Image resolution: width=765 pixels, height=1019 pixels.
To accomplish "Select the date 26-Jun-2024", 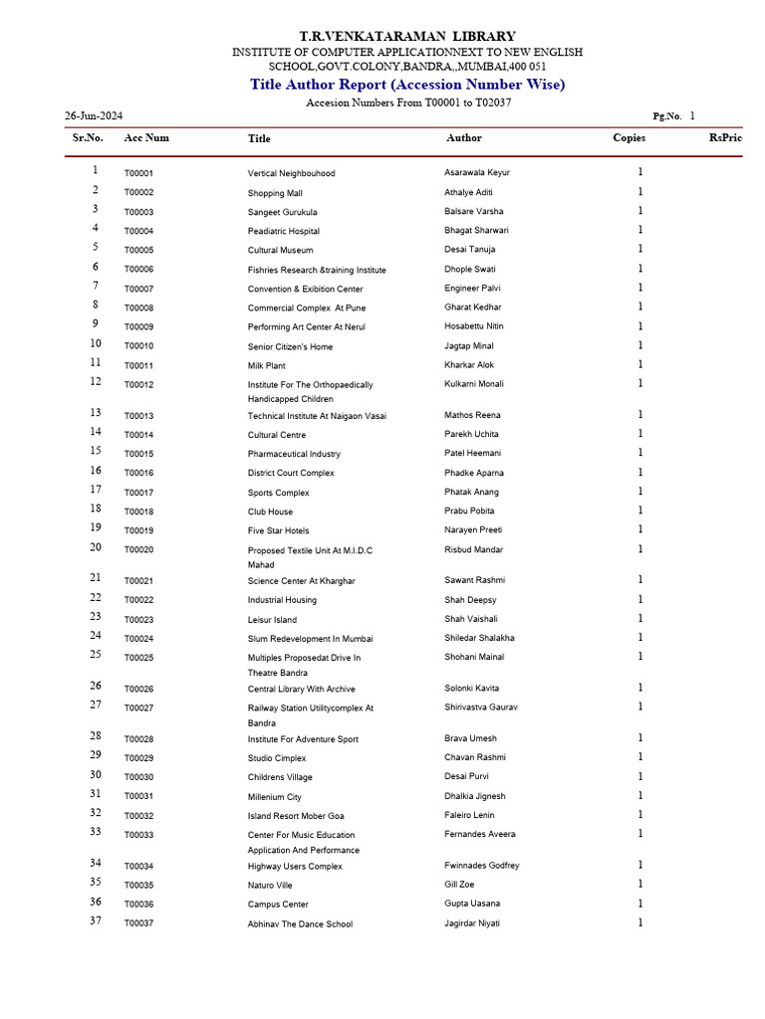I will (x=94, y=115).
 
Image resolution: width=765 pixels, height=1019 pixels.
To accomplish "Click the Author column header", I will (x=464, y=138).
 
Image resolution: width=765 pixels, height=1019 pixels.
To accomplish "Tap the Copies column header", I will (x=629, y=138).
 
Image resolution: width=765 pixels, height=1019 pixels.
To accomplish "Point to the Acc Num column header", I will (x=146, y=138).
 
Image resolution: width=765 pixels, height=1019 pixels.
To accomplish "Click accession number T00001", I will (x=138, y=173).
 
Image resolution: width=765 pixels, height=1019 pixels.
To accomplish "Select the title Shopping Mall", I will (x=275, y=193).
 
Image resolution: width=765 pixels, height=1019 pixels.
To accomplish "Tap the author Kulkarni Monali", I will (x=474, y=384).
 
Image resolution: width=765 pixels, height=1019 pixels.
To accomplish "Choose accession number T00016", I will (x=138, y=474).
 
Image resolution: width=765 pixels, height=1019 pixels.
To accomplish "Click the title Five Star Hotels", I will (x=278, y=531).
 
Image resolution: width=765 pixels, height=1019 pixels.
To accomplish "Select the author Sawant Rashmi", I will (x=474, y=580).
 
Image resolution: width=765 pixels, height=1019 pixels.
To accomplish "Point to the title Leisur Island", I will (x=272, y=620).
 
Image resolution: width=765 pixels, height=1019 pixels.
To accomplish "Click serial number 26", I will (x=96, y=687).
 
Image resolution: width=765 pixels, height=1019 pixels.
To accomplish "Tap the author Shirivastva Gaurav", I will (x=481, y=708).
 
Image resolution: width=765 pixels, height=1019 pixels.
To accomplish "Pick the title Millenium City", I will (x=274, y=797).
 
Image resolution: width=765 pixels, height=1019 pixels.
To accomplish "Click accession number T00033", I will (x=138, y=836).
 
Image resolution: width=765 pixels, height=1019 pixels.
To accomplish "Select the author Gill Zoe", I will (x=459, y=885).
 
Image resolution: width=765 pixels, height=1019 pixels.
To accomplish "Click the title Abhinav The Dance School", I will (x=300, y=924).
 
